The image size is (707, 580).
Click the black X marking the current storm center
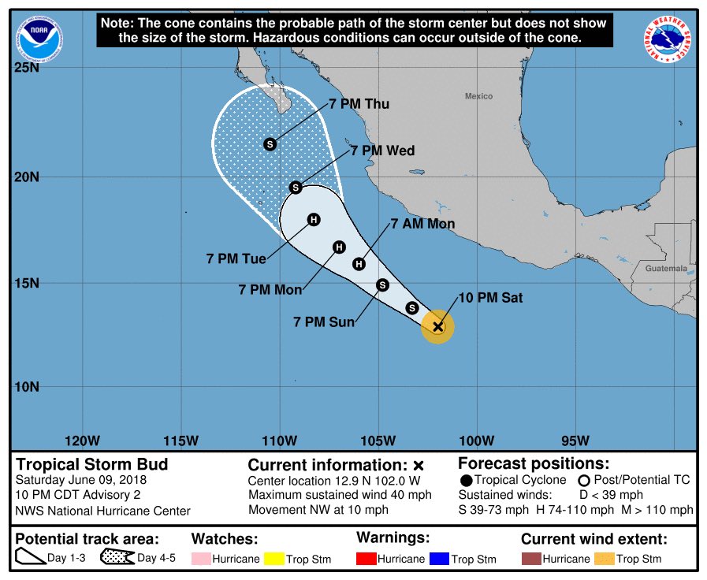pyautogui.click(x=438, y=326)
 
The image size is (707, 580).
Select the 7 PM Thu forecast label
pyautogui.click(x=359, y=104)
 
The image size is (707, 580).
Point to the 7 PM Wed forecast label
pyautogui.click(x=382, y=151)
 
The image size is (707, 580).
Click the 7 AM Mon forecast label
pyautogui.click(x=423, y=225)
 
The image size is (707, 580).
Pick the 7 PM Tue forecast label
pyautogui.click(x=236, y=258)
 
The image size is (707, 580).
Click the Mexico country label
pyautogui.click(x=478, y=96)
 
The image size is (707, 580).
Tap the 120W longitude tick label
pyautogui.click(x=82, y=440)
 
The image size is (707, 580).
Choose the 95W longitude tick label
pyautogui.click(x=575, y=440)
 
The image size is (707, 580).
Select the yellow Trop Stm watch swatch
pyautogui.click(x=273, y=559)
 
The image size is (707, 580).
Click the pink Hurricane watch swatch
pyautogui.click(x=202, y=559)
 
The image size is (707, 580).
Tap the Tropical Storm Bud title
pyautogui.click(x=92, y=464)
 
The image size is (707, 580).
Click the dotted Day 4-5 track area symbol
pyautogui.click(x=117, y=558)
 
